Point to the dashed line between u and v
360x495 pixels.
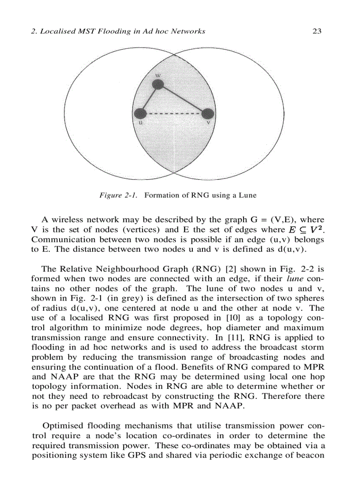tap(174, 114)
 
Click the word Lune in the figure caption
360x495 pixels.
tap(247, 194)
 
